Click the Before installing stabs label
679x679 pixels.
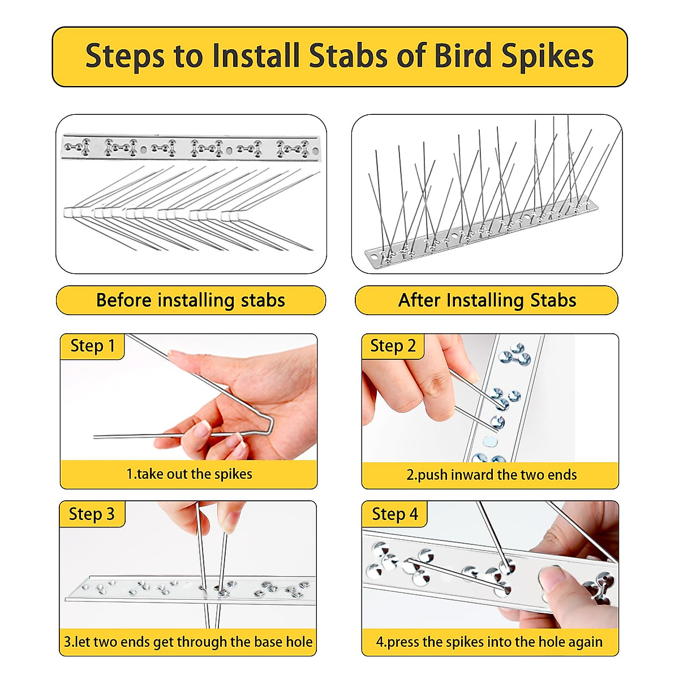[x=191, y=300]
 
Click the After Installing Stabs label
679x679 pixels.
[x=487, y=300]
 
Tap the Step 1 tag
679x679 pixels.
[x=92, y=346]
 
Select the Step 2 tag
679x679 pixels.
[x=393, y=346]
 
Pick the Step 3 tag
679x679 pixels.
[x=92, y=514]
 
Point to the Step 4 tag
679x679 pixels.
[x=394, y=514]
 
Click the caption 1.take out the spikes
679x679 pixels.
[x=189, y=474]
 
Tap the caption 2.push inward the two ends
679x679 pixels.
[x=491, y=475]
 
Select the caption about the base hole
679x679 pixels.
[x=188, y=642]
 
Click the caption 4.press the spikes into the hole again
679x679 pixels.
[x=489, y=642]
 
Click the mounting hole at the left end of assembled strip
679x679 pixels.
[x=374, y=256]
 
